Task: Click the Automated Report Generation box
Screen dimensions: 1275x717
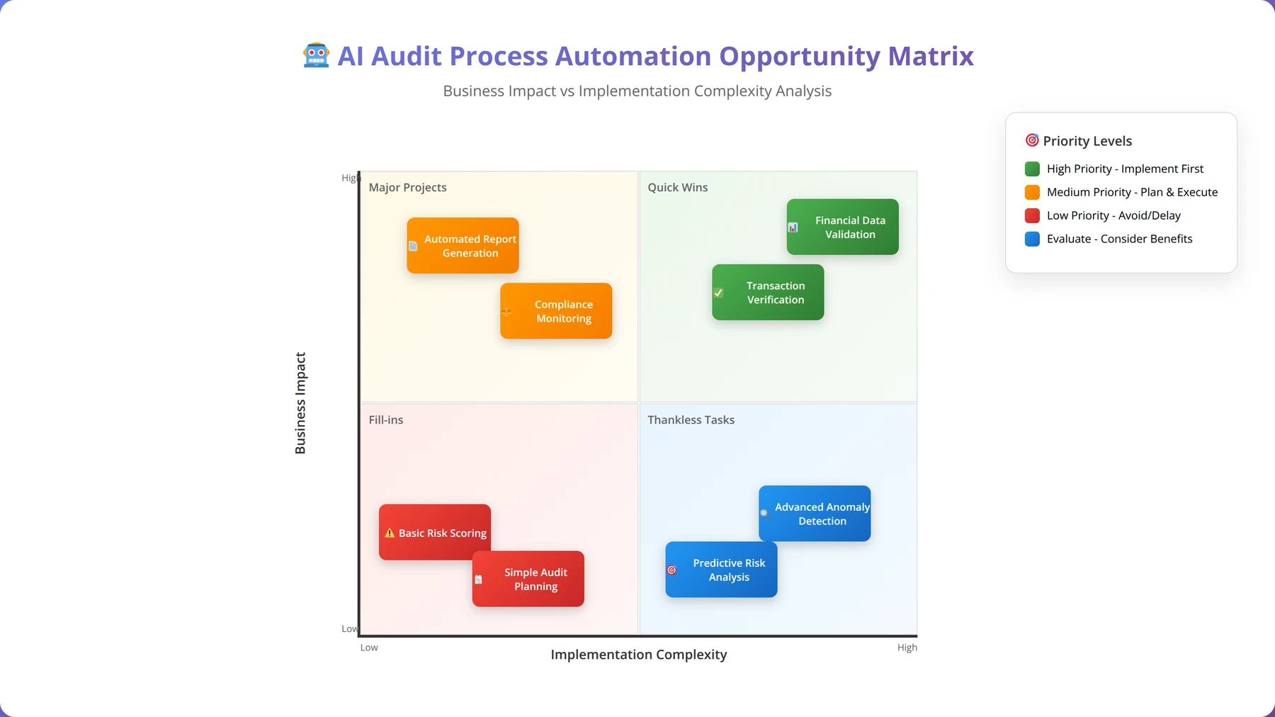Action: click(463, 246)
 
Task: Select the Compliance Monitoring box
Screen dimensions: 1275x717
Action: click(556, 311)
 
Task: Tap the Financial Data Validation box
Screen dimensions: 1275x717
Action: click(843, 227)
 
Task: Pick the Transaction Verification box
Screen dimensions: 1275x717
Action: click(768, 292)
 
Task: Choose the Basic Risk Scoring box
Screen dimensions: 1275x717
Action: click(435, 532)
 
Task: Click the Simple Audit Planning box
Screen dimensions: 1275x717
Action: click(528, 579)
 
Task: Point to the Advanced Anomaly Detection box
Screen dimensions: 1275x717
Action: click(815, 514)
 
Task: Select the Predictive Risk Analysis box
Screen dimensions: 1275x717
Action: click(721, 570)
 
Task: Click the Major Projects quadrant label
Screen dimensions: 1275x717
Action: click(407, 187)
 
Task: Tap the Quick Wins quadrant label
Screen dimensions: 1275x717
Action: click(678, 187)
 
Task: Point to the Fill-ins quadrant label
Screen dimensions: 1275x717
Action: click(386, 419)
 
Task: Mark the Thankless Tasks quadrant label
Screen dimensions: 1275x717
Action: click(691, 419)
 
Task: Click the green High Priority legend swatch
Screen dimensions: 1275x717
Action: click(1033, 169)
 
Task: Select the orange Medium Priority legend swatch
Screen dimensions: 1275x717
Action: click(1033, 192)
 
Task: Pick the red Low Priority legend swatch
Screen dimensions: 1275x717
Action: click(1033, 215)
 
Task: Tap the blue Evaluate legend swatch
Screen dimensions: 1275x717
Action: click(1033, 239)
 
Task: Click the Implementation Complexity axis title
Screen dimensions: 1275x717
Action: click(639, 655)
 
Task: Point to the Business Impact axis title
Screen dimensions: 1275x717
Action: click(300, 403)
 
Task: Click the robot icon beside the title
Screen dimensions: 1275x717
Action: click(316, 55)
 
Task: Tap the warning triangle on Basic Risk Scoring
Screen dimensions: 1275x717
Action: click(390, 533)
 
